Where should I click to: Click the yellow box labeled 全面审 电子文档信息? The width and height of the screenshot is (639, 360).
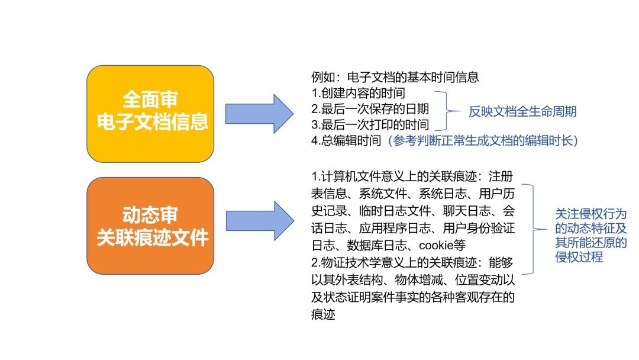pyautogui.click(x=150, y=114)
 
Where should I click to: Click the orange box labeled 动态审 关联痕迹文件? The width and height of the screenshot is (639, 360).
pyautogui.click(x=150, y=226)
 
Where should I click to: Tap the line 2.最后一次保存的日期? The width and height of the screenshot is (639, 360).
pyautogui.click(x=370, y=109)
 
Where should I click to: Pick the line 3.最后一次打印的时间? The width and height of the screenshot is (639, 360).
pyautogui.click(x=370, y=125)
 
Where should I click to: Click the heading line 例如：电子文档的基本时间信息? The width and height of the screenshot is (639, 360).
pyautogui.click(x=395, y=77)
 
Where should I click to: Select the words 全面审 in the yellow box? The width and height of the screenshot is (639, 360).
pyautogui.click(x=150, y=98)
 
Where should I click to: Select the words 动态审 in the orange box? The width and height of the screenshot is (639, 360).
pyautogui.click(x=150, y=214)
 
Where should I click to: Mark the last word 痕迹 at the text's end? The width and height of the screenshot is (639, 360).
pyautogui.click(x=323, y=314)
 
